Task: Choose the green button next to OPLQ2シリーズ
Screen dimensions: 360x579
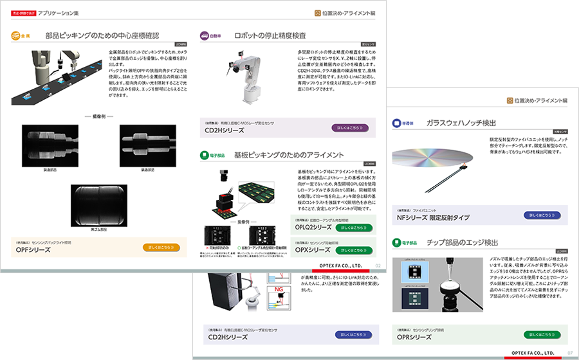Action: pyautogui.click(x=353, y=228)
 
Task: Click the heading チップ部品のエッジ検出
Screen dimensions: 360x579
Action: pyautogui.click(x=464, y=243)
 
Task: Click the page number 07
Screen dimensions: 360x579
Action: pyautogui.click(x=569, y=352)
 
